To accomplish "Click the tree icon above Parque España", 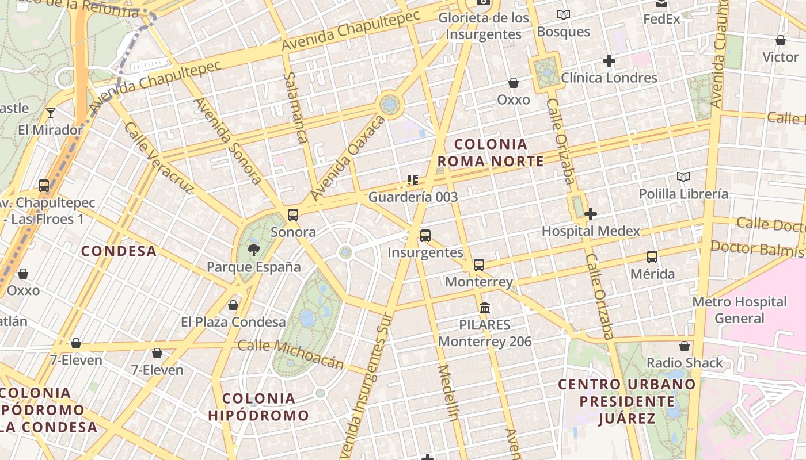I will (x=253, y=250).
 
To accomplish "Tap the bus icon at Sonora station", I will (x=292, y=215).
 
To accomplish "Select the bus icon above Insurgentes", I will (x=425, y=235).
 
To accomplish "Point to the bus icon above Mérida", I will (x=652, y=256).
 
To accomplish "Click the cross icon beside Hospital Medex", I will (x=590, y=214).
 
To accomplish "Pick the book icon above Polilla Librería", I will (x=683, y=177).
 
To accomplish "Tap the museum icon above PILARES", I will (x=484, y=308).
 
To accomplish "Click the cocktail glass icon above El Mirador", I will (x=51, y=113).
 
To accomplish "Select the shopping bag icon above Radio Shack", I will (x=684, y=346).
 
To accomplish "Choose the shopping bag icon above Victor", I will (x=780, y=40).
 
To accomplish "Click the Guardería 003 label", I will (x=413, y=197).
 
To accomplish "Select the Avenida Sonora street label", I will (x=228, y=140).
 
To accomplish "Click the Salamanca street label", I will (x=295, y=108).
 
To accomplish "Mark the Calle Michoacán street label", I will (x=291, y=354).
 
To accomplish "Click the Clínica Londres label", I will (x=609, y=78).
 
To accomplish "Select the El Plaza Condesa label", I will (x=233, y=322).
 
